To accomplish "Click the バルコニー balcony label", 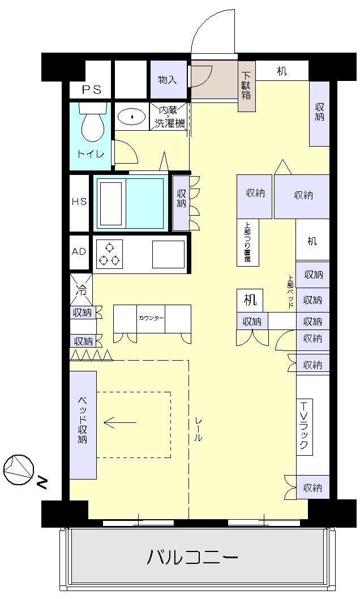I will pos(192,558).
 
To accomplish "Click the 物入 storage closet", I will pos(168,80).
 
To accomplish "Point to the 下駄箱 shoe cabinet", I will pos(246,86).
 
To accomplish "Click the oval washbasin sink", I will pos(132,117).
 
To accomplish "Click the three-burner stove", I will pos(109,254).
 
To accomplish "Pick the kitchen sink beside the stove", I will pos(168,254).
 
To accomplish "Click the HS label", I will pos(79,202).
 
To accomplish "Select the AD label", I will pos(79,251).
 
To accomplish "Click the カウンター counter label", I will pos(152,318).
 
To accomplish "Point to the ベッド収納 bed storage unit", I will pos(83,425).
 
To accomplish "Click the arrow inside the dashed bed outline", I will pos(120,422).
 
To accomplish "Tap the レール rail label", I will pos(199,433).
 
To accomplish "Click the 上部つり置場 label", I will pos(247,242).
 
